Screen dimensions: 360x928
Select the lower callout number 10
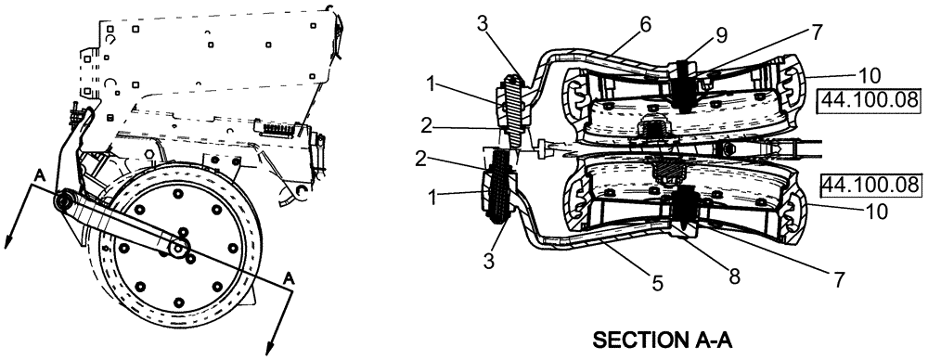pos(874,211)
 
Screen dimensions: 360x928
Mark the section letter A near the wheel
pos(290,277)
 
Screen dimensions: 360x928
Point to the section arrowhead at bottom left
pos(7,243)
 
